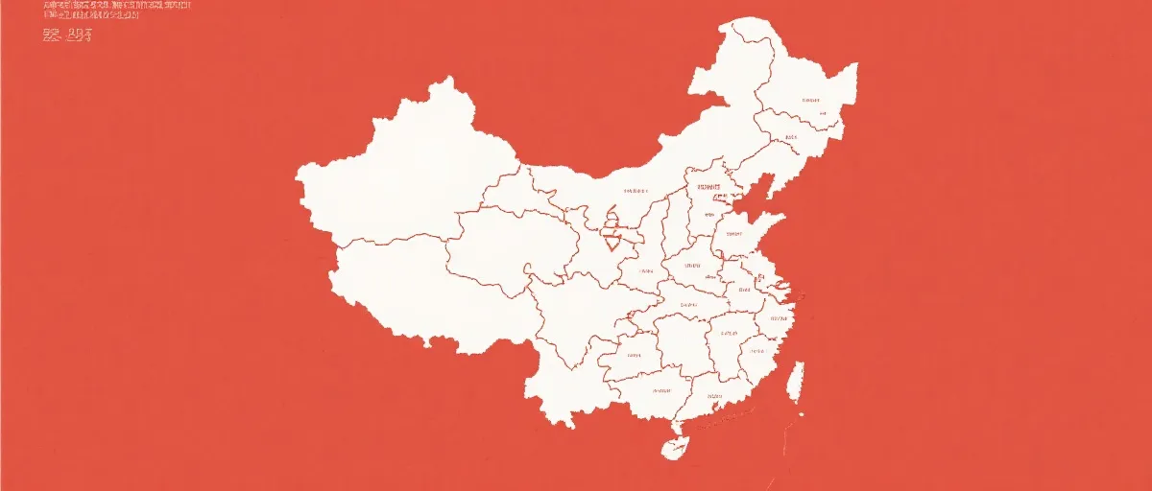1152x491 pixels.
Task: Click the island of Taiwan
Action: coord(795,381)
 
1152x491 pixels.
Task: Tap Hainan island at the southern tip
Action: coord(675,448)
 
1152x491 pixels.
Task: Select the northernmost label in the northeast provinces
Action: coord(811,100)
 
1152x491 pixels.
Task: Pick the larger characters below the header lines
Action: coord(67,36)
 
